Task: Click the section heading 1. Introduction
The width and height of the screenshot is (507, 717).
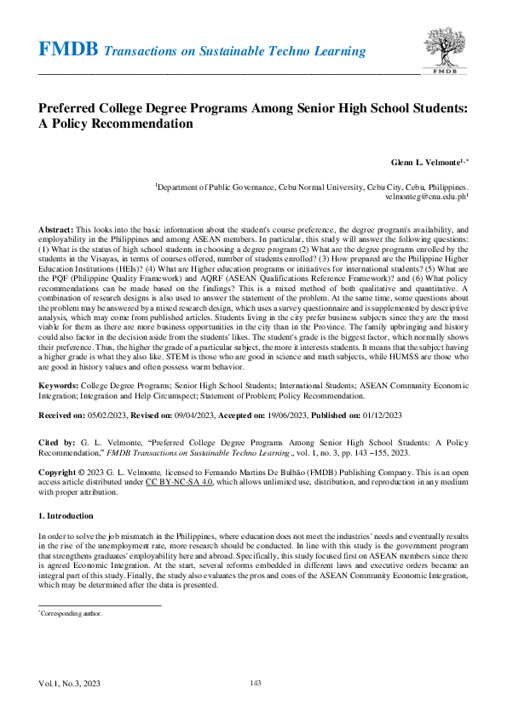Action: point(71,517)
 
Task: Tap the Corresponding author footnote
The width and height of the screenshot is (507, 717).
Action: point(72,612)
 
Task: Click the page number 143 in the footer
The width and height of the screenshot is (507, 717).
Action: point(254,683)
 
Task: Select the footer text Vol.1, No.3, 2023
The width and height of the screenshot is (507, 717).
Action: point(69,684)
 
